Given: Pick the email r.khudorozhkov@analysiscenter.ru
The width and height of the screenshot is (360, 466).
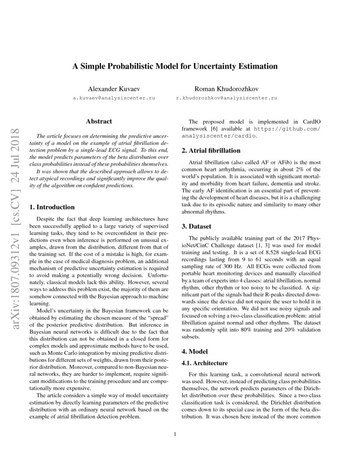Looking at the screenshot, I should click(x=227, y=98).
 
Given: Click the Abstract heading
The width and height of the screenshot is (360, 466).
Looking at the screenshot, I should click(x=99, y=122).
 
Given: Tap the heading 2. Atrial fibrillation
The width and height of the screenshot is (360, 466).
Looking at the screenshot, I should click(x=211, y=150).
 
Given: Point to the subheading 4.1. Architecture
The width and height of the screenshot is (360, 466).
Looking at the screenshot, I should click(x=205, y=363).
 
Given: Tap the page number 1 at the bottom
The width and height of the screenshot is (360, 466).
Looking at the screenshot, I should click(x=174, y=434).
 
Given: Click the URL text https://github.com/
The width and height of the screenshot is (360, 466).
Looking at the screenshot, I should click(x=287, y=128).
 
